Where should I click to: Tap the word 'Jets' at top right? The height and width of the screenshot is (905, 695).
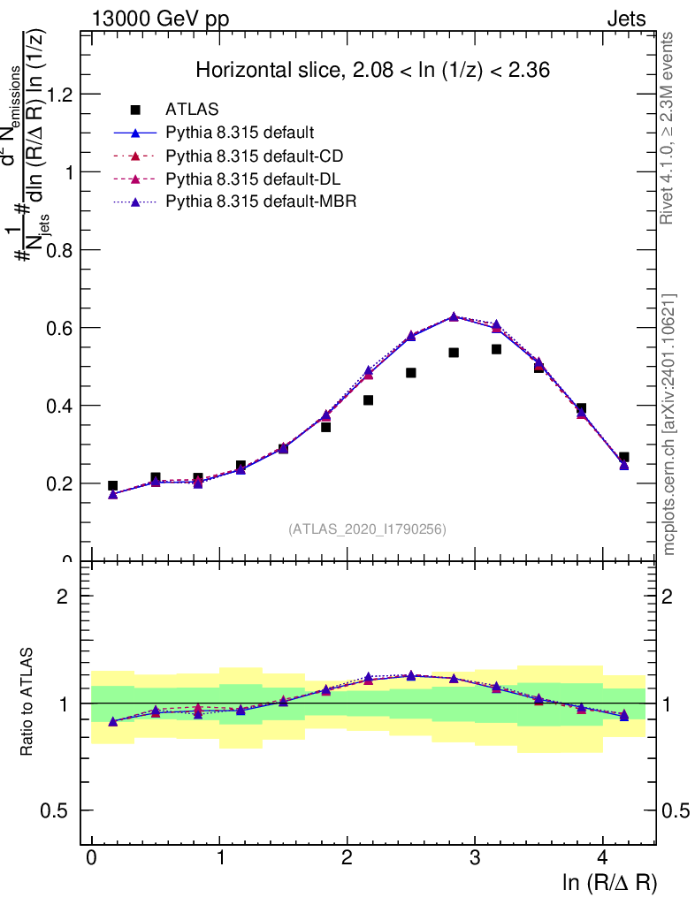tap(625, 19)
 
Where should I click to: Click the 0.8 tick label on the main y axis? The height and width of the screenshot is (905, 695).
tap(60, 250)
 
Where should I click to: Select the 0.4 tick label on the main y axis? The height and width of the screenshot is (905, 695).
tap(60, 406)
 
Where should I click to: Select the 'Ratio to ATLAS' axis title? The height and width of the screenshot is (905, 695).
tap(27, 703)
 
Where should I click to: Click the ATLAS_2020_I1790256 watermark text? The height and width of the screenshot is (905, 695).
tap(367, 529)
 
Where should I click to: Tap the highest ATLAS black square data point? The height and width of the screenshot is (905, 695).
tap(496, 349)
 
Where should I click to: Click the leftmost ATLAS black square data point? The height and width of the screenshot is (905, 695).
tap(112, 485)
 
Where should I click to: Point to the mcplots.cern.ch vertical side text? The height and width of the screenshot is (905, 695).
tap(670, 424)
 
